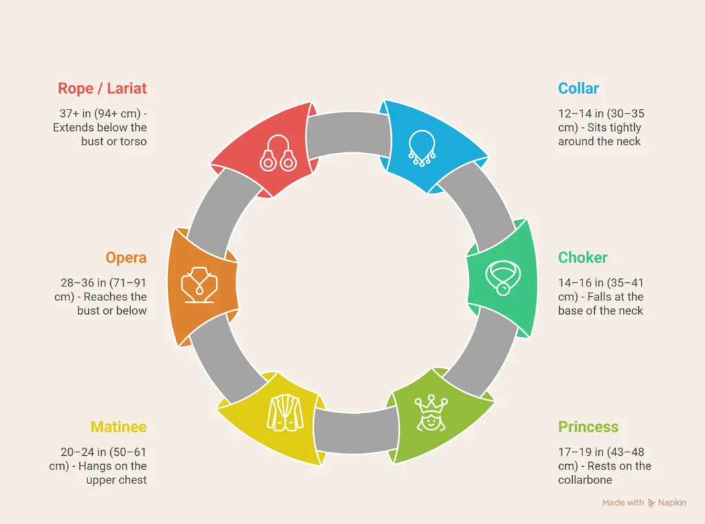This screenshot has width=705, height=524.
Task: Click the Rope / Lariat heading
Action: (x=102, y=88)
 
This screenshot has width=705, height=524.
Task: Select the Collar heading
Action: (x=578, y=88)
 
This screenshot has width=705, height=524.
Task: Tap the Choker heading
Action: (x=582, y=258)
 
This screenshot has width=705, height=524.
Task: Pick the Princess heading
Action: (x=588, y=427)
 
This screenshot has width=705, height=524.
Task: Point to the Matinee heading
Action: (x=118, y=427)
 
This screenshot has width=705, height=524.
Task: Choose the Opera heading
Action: (x=126, y=258)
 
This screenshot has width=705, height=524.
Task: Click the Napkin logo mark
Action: (x=652, y=503)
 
